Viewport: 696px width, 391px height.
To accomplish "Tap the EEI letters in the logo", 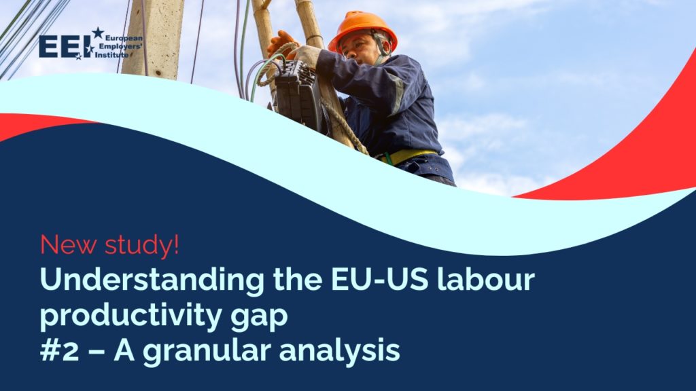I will pos(65,46).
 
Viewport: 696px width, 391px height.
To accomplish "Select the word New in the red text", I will pos(63,245).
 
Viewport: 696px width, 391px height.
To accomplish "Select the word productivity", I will pos(120,316).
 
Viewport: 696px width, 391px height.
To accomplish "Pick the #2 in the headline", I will pos(59,351).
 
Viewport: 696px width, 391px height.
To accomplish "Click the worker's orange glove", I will pos(281,44).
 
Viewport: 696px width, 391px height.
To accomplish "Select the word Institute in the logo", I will pos(112,54).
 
